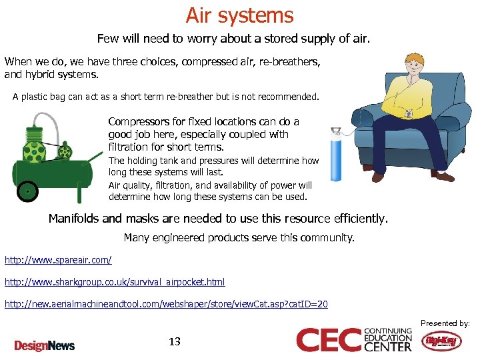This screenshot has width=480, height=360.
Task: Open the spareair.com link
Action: [58, 259]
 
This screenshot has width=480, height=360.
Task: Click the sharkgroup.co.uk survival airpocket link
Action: [115, 282]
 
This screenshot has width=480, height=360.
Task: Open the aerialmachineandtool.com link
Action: [166, 304]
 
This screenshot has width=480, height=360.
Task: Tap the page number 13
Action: [175, 342]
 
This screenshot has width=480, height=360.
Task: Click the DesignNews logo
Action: [45, 345]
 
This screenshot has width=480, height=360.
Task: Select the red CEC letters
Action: [329, 340]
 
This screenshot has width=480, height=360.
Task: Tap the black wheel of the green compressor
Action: [27, 191]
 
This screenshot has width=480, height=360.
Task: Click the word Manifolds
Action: [74, 219]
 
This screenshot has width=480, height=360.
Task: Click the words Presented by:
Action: [445, 323]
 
